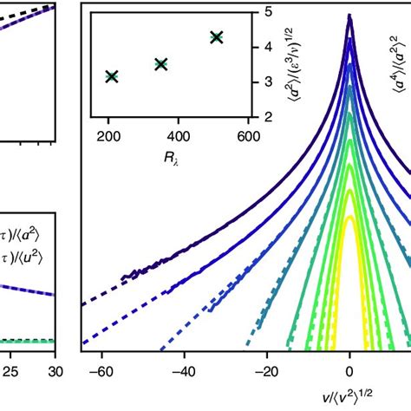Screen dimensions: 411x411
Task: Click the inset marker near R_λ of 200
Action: [x=111, y=77]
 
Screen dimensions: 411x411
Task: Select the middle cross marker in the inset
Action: [x=160, y=63]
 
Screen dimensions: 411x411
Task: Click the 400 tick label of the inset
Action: [x=178, y=137]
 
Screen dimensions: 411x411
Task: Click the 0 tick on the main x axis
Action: [x=349, y=369]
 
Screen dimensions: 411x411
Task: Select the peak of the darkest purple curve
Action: [x=349, y=15]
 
